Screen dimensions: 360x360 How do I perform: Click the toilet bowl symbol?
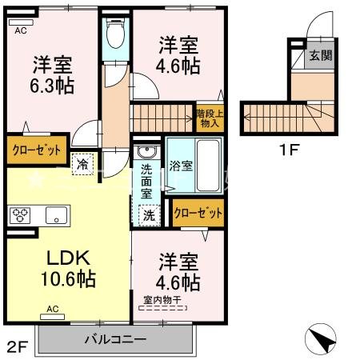115,34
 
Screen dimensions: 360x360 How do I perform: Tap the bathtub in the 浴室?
208,166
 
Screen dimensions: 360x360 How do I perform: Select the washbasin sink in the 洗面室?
146,152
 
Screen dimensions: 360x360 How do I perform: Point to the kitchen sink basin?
56,215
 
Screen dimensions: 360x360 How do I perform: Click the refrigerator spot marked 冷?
82,164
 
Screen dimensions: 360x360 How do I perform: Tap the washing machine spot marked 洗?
149,215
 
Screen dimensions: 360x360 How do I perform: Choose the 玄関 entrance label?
321,55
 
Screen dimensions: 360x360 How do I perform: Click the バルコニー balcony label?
115,339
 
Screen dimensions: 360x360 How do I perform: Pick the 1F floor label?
289,150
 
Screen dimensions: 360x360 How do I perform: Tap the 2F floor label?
18,347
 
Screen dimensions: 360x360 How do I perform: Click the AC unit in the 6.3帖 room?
21,22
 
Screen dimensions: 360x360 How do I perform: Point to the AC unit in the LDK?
52,317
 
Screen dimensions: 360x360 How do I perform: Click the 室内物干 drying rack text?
162,300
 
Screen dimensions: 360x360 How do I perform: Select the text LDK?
68,258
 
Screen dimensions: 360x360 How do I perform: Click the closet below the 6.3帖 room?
37,150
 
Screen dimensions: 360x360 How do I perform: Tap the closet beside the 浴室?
198,213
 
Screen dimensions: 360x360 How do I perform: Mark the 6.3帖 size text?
52,86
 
